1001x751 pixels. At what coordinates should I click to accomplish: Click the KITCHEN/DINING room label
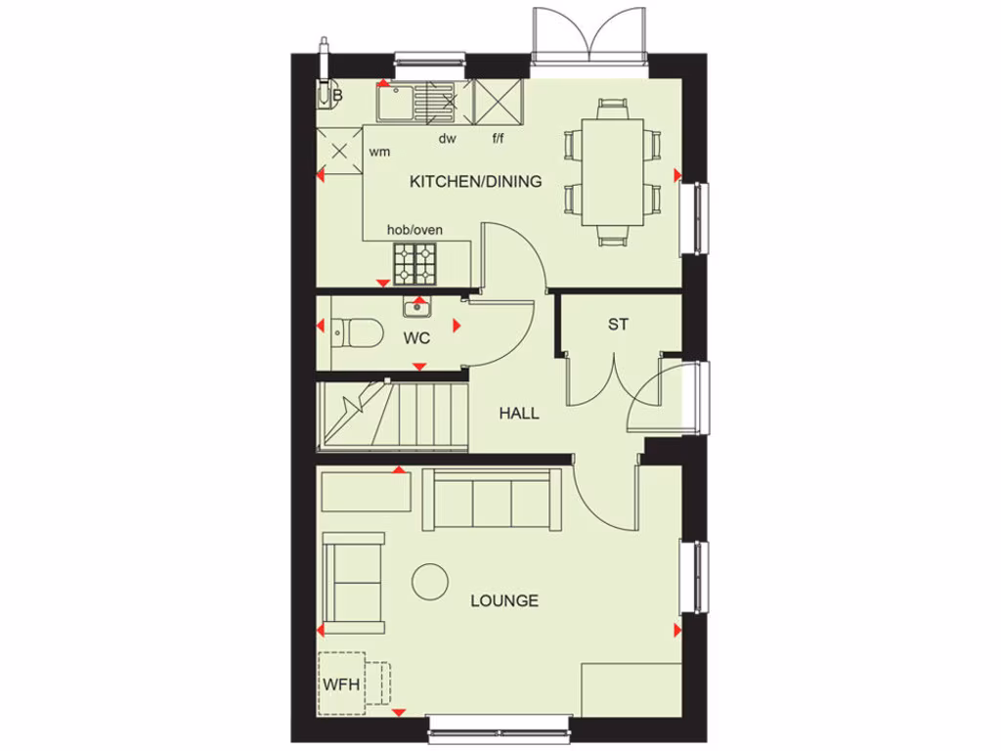click(x=475, y=181)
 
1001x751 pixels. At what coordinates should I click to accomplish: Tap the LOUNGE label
click(x=504, y=600)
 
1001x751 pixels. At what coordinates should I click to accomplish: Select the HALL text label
click(x=519, y=414)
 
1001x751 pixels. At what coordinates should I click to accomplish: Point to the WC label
click(x=417, y=339)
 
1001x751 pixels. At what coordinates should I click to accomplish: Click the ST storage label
click(x=618, y=325)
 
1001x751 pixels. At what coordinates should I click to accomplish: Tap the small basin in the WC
click(x=417, y=308)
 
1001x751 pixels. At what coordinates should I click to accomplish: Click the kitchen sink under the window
click(x=396, y=101)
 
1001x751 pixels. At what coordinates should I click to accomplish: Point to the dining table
click(x=613, y=172)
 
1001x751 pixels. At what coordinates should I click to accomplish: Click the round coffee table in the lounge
click(x=429, y=583)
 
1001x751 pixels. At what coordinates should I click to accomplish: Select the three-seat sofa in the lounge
click(x=493, y=500)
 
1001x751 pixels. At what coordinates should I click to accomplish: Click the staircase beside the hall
click(x=391, y=415)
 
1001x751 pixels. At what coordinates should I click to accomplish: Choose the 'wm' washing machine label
click(x=379, y=153)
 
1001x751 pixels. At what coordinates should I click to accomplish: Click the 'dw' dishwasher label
click(x=447, y=139)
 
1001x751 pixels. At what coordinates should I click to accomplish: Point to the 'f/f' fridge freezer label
click(x=498, y=139)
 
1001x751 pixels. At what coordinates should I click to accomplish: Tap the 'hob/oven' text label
click(x=414, y=230)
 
